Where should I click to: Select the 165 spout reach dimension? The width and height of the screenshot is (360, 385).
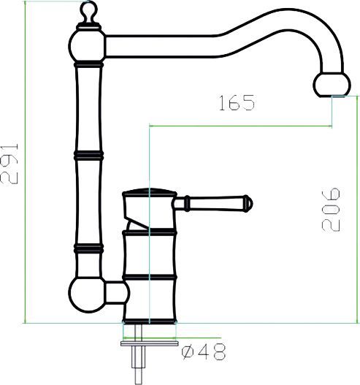235,103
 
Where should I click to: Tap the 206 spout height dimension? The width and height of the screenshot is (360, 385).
331,210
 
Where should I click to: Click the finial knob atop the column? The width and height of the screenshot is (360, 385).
88,11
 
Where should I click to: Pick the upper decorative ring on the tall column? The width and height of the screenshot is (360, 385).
88,155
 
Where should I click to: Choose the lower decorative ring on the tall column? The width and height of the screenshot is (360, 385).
88,248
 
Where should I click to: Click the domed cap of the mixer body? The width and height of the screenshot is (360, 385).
149,195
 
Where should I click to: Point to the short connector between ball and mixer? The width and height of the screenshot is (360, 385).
117,294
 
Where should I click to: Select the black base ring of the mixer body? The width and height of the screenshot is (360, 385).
150,320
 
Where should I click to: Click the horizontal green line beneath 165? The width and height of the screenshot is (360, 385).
241,126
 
